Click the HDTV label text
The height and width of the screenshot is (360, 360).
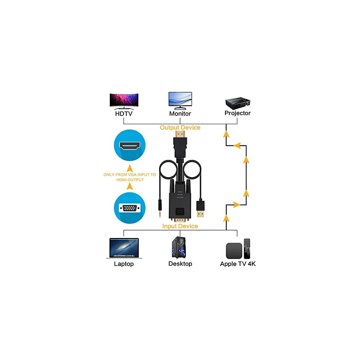124,113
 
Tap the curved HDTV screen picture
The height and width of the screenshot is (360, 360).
124,100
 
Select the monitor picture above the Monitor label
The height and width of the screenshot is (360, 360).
180,100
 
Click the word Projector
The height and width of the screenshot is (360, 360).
238,113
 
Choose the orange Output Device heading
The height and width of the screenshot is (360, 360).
180,127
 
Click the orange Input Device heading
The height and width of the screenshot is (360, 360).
180,226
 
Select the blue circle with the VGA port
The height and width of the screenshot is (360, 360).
130,208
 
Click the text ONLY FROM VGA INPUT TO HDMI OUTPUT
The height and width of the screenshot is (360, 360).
130,177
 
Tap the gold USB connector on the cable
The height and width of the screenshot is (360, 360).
201,213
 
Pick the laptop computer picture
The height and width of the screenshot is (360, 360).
124,248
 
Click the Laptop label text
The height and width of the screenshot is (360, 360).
124,264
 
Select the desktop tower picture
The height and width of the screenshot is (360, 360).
180,247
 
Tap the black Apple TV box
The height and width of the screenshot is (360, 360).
234,251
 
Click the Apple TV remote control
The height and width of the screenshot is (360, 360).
247,248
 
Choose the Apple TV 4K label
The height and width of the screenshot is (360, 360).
238,264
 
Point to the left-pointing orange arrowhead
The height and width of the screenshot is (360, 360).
237,145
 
